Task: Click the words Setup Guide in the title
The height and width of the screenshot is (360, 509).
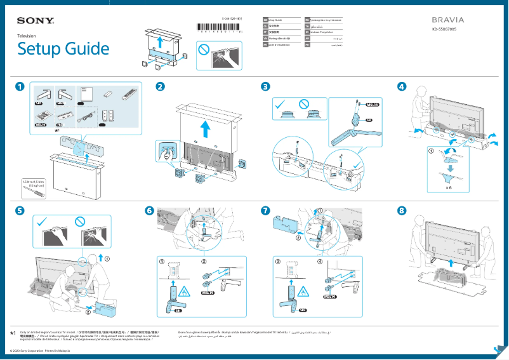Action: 63,49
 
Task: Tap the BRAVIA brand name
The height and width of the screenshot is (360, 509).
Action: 447,20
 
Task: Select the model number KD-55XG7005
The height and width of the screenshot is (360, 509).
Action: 445,29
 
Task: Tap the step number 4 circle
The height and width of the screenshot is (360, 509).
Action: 401,87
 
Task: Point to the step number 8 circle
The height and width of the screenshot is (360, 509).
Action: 401,210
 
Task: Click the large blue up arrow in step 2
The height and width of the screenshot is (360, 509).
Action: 205,130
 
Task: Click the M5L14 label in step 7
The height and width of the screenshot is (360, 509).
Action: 329,297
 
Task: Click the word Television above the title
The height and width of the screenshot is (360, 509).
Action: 26,36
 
